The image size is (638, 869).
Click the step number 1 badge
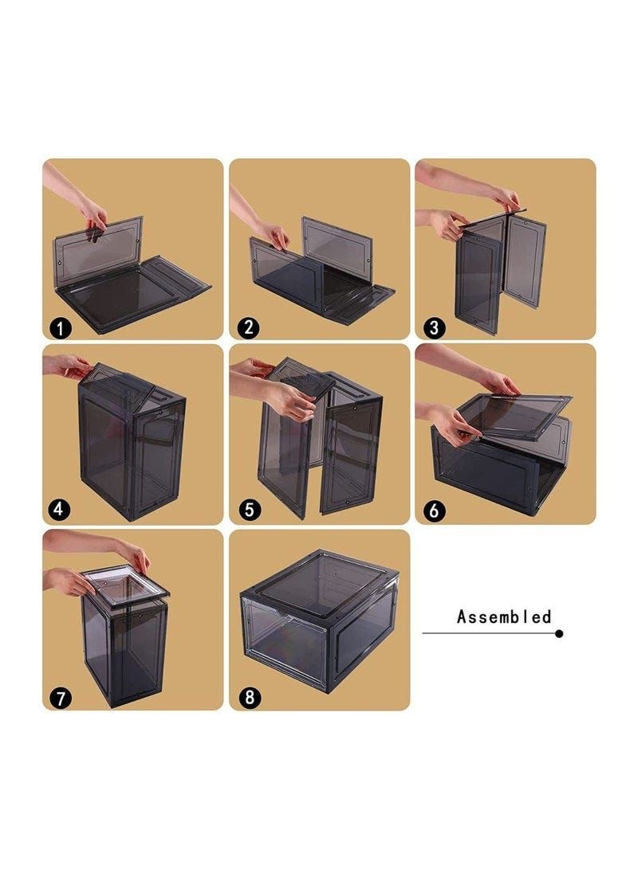60,328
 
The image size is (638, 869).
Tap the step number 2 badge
249,327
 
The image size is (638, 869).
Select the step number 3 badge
435,327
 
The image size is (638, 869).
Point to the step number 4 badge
60,509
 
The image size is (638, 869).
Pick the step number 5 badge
249,509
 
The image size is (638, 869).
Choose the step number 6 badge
435,510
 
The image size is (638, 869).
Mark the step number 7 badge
60,698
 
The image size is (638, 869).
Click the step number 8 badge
249,697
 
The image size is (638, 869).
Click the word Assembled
504,617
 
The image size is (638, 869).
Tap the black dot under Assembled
559,633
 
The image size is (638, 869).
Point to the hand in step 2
273,235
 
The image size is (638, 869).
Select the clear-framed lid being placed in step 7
127,589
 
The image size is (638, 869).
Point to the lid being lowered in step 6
513,416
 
